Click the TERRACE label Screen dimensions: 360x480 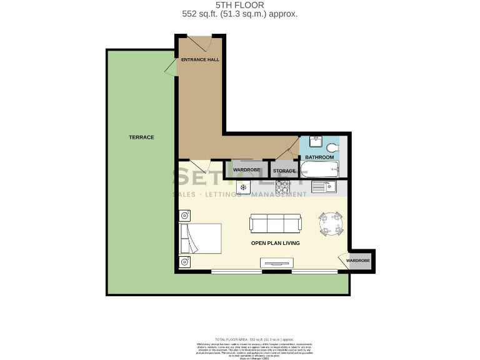141,137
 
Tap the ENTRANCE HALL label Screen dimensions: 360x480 200,60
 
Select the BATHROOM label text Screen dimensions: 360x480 319,157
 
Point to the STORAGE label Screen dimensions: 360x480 284,171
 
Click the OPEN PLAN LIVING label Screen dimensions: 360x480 275,243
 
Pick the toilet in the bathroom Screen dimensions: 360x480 332,147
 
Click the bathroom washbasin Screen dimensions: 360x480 315,142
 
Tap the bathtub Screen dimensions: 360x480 319,169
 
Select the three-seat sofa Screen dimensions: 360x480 275,223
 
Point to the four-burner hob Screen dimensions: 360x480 282,186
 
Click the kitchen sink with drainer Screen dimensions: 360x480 324,186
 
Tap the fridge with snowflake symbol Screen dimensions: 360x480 242,186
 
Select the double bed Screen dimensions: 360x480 200,238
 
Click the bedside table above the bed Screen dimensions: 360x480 185,216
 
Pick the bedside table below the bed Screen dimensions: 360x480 185,261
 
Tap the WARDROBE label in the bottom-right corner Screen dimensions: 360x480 358,261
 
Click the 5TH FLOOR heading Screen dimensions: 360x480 239,4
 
